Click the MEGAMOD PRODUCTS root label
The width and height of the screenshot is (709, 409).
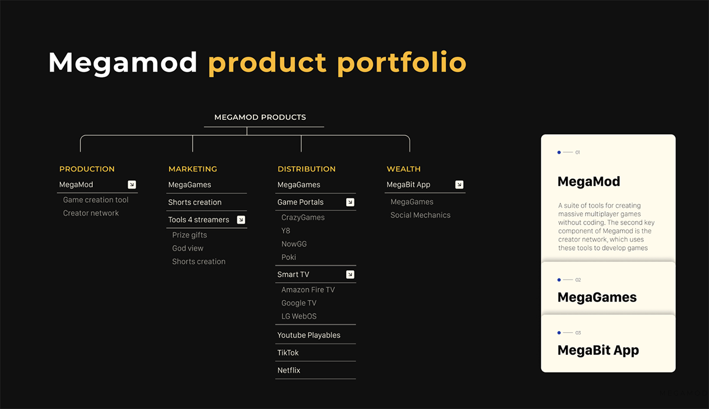tap(260, 117)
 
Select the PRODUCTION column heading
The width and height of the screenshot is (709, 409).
tap(87, 169)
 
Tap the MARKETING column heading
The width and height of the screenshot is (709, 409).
tap(193, 169)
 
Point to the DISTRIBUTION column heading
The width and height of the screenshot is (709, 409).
tap(307, 169)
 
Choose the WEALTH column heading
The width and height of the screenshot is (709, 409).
tap(404, 169)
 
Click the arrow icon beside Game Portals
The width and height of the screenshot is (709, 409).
tap(350, 202)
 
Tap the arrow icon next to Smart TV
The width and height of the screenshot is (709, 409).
tap(350, 274)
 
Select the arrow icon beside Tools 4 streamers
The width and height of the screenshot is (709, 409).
tap(240, 220)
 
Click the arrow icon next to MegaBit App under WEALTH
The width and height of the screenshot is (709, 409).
tap(459, 184)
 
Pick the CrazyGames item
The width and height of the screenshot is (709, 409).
tap(303, 218)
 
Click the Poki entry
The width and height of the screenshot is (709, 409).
tap(289, 257)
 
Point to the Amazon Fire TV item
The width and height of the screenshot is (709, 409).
tap(308, 290)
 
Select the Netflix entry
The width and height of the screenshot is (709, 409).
tap(289, 370)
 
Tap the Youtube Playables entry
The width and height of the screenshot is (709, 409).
tap(309, 335)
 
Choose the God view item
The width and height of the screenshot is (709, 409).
tap(188, 248)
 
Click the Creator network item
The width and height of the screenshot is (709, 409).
tap(91, 213)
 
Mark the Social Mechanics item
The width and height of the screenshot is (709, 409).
tap(420, 215)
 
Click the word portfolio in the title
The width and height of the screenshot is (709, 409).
tap(401, 63)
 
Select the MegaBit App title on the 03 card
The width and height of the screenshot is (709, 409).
tap(598, 350)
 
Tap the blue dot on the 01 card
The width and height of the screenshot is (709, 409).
tap(559, 152)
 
